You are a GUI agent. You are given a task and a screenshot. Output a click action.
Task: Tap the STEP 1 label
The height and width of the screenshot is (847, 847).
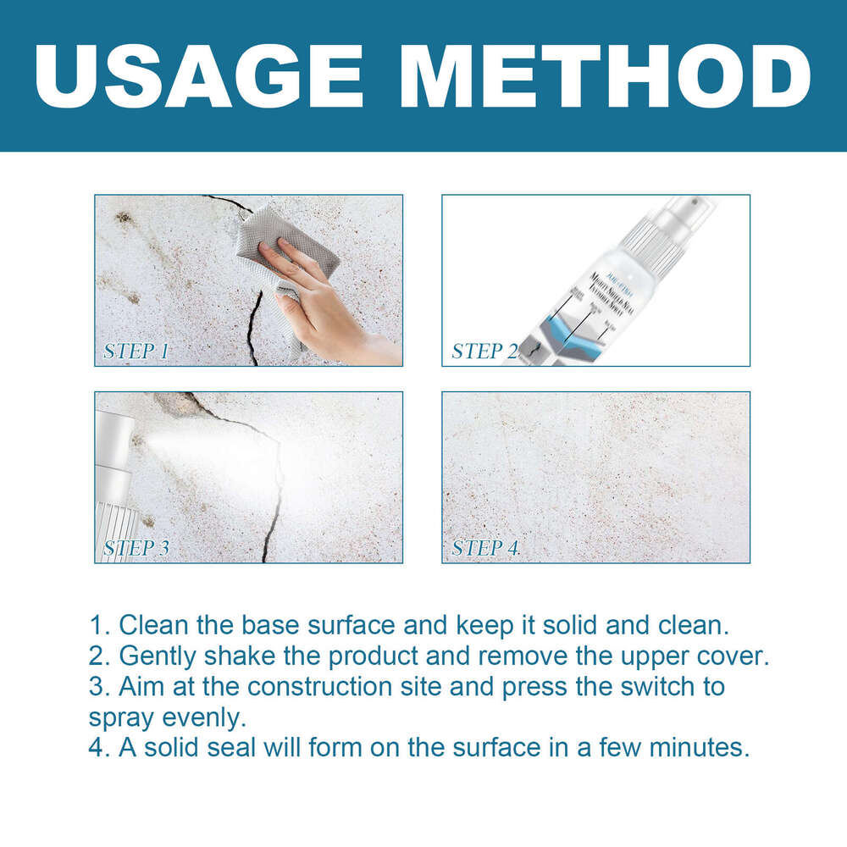pos(136,352)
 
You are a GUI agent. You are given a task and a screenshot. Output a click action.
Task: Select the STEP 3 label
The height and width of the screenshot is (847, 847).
pos(136,548)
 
